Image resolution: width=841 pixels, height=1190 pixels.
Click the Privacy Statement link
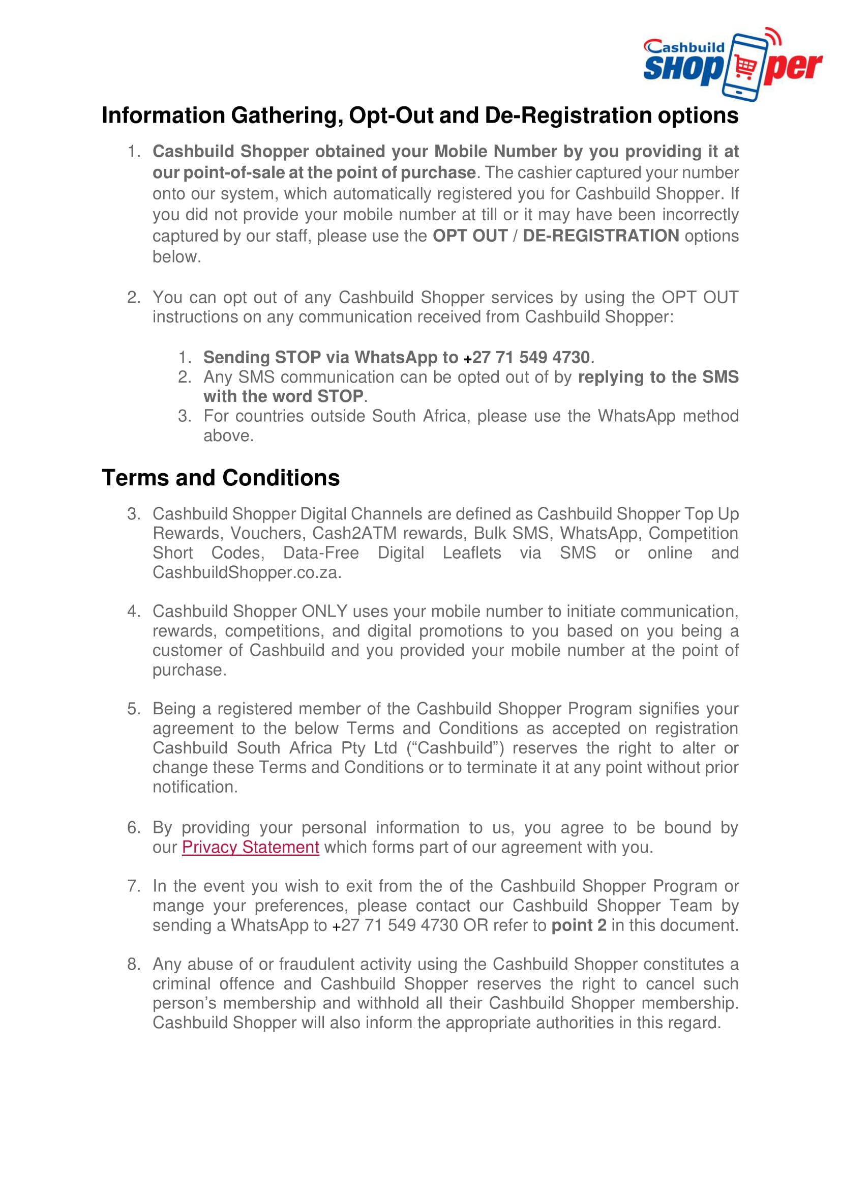coord(250,847)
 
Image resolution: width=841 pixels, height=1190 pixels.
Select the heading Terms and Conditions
coord(221,478)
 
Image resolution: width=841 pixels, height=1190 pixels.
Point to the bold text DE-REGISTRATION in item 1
coord(600,236)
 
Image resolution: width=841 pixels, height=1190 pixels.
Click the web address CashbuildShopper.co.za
coord(247,572)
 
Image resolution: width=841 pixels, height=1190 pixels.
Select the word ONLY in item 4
coord(324,611)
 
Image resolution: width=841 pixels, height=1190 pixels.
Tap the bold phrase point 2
coord(579,925)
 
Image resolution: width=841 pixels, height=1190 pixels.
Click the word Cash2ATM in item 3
coord(354,533)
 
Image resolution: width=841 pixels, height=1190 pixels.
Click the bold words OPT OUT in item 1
coord(470,236)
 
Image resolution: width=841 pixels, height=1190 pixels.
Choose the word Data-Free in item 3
coord(321,553)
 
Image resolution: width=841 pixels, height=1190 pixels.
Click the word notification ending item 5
coord(194,787)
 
